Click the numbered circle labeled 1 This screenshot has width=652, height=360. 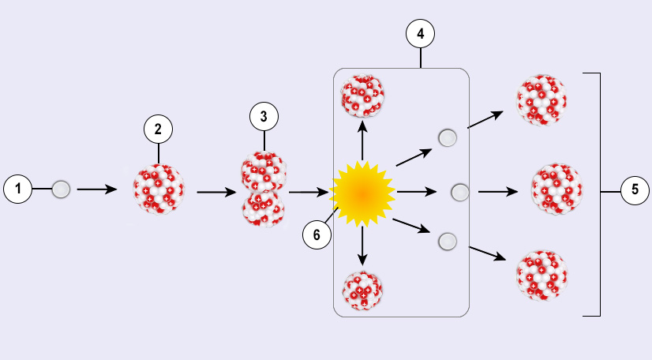click(x=17, y=189)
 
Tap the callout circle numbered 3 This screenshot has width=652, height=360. click(x=264, y=117)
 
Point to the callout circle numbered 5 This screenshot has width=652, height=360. click(x=635, y=190)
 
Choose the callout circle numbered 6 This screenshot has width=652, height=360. click(x=317, y=234)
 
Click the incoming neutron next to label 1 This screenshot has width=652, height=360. click(x=61, y=189)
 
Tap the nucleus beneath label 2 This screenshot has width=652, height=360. click(x=159, y=190)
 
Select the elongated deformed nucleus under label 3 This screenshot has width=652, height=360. click(x=264, y=190)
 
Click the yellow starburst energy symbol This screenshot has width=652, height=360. click(x=362, y=192)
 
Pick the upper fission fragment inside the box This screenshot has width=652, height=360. click(x=362, y=96)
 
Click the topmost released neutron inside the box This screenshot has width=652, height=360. click(x=448, y=138)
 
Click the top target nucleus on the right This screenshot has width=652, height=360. click(x=541, y=100)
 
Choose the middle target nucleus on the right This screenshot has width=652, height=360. click(x=557, y=190)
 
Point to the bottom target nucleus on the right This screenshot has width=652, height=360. click(x=541, y=276)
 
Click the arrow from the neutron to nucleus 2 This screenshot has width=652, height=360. click(x=97, y=189)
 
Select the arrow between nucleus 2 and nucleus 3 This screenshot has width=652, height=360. click(x=216, y=190)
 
